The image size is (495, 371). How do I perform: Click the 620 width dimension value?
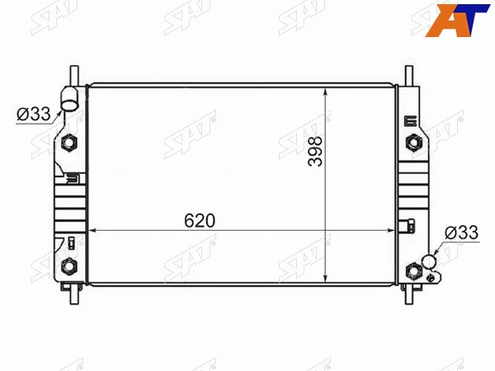click(200, 220)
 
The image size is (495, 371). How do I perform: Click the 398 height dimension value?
click(315, 151)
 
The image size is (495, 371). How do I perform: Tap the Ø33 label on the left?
click(34, 114)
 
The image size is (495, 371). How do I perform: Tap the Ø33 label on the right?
click(461, 232)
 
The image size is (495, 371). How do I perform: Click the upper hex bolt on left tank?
click(68, 143)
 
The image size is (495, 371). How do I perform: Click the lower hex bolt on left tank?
click(68, 266)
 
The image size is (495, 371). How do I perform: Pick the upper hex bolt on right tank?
click(413, 143)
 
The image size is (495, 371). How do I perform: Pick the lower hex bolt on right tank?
click(413, 270)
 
